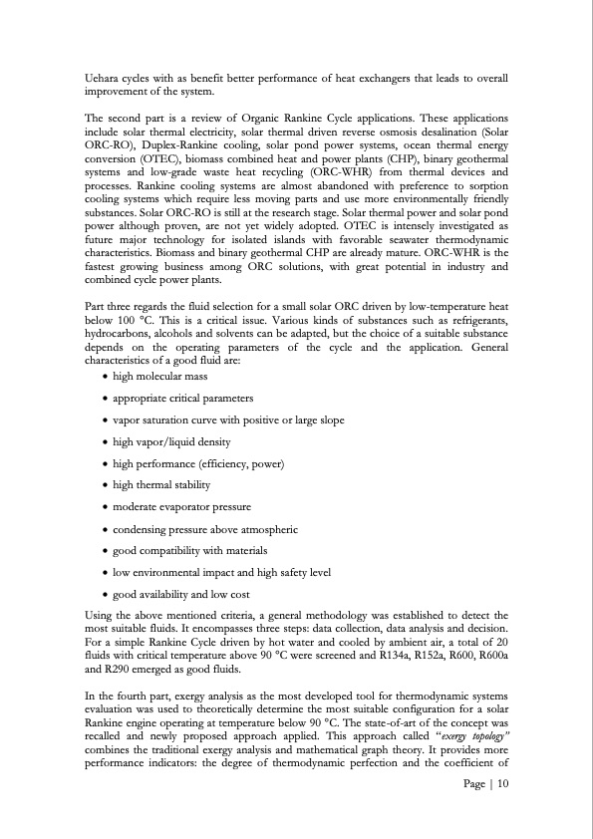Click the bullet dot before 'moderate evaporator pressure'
106,506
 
